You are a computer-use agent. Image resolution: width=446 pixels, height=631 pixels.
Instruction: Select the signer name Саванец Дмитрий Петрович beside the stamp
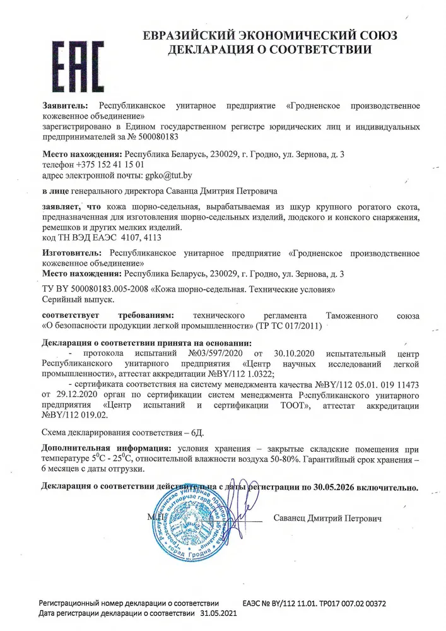328,518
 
